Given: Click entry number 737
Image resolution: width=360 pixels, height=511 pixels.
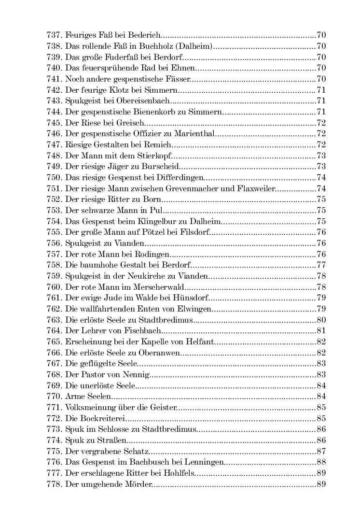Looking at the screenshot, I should point(55,36).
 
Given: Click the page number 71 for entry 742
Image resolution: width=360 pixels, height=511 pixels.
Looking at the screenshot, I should point(321,90).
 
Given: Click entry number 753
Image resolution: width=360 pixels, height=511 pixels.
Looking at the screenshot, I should point(55,210).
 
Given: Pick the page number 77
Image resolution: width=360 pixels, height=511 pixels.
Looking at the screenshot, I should point(321,264).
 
